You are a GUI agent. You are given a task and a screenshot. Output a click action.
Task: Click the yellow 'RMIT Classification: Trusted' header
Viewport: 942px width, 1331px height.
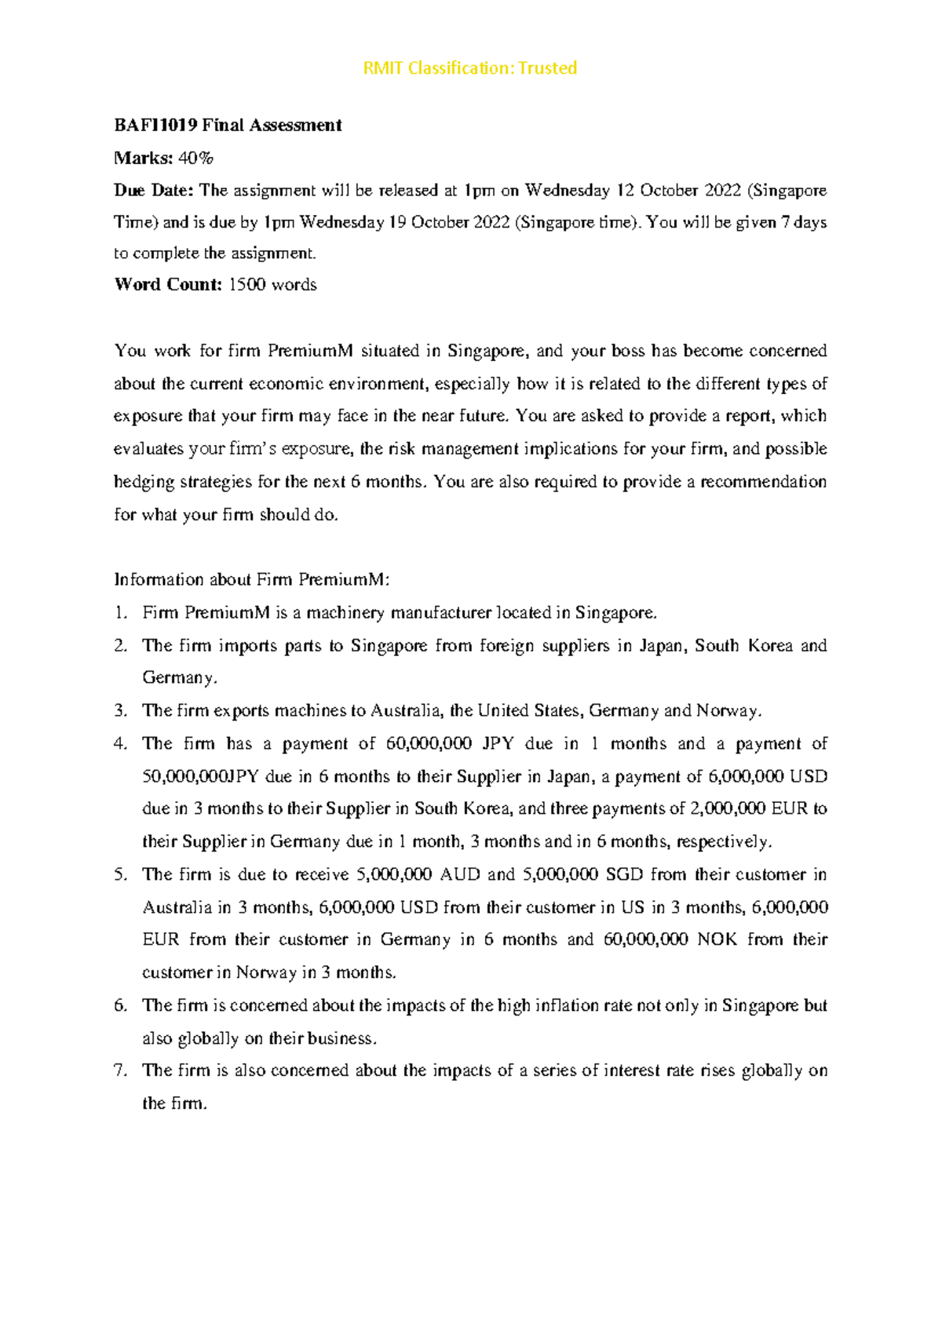pyautogui.click(x=469, y=68)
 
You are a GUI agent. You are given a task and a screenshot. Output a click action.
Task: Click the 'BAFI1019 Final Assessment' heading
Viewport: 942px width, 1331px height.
pyautogui.click(x=228, y=126)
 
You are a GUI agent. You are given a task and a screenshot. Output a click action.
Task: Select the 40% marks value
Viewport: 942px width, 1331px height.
pyautogui.click(x=195, y=159)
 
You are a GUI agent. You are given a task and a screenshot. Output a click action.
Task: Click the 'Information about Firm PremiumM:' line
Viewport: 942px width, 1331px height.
pyautogui.click(x=251, y=580)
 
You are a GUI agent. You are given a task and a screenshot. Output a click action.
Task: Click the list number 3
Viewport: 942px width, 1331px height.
pyautogui.click(x=120, y=711)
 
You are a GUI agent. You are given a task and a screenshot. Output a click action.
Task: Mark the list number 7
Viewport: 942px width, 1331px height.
pyautogui.click(x=120, y=1071)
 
